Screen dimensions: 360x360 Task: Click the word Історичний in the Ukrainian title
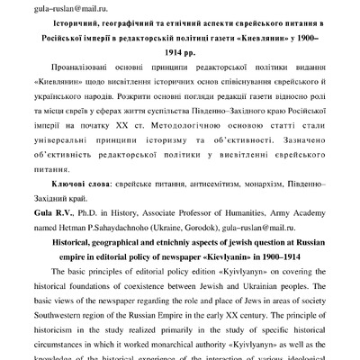85,25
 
